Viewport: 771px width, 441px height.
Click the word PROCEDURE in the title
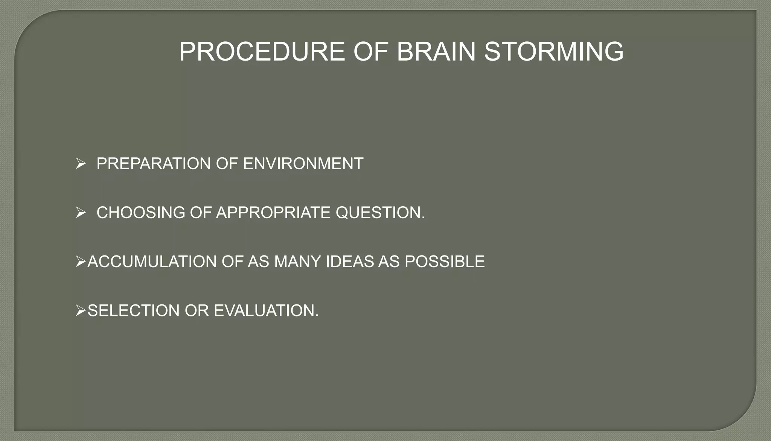[x=262, y=52]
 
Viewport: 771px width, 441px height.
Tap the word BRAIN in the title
[x=436, y=52]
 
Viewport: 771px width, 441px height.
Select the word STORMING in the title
[x=554, y=52]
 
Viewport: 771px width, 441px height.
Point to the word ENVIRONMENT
[x=303, y=164]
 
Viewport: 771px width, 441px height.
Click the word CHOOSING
[x=141, y=213]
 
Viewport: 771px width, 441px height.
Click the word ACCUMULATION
[x=152, y=262]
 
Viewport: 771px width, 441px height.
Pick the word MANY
[x=297, y=262]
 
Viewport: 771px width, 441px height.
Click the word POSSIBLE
[x=445, y=262]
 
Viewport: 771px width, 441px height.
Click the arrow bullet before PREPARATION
[x=81, y=164]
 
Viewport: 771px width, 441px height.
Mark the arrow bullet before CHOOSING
[x=81, y=213]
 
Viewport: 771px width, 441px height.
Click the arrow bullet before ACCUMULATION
[x=81, y=262]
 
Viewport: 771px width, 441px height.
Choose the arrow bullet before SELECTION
[x=81, y=311]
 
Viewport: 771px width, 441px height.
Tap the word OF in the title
[x=370, y=52]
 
